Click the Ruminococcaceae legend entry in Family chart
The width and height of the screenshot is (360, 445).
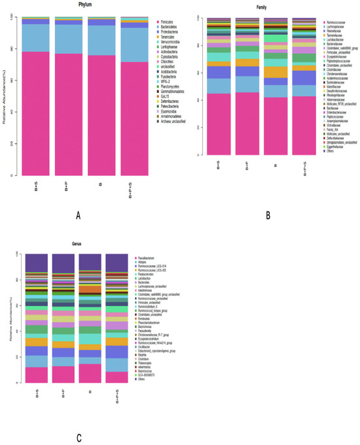point(338,23)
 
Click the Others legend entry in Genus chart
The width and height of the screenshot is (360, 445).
point(141,379)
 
